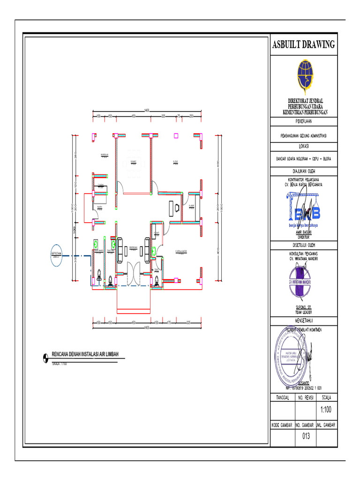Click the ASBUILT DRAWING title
coord(304,45)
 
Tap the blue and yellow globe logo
coord(304,76)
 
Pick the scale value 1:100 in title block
coord(326,410)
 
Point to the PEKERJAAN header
coord(304,121)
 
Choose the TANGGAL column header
coord(282,397)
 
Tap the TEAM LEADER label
coord(304,312)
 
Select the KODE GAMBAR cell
coord(282,425)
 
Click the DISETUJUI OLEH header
coord(304,244)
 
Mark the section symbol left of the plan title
coord(45,357)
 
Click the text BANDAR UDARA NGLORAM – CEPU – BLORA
coord(304,159)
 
